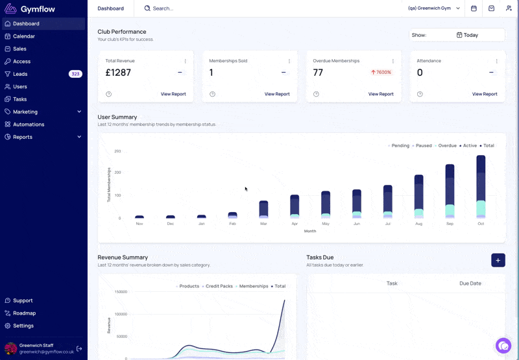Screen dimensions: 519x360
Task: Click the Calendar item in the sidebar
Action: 24,36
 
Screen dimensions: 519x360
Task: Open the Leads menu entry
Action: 20,74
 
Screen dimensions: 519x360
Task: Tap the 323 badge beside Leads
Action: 75,74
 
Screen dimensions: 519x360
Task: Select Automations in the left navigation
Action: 29,125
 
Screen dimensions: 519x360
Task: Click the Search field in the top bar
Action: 163,8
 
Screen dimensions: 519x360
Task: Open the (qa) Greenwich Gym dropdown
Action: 433,8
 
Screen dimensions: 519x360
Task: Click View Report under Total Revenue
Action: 173,94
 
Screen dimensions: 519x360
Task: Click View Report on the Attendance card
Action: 485,94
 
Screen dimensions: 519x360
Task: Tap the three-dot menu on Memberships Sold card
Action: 289,61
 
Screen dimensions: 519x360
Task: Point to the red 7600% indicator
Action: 381,72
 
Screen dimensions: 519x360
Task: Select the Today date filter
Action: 467,35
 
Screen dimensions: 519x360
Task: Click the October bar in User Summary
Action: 481,187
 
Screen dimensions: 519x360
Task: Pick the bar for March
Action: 263,210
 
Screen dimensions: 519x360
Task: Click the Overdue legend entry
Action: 446,145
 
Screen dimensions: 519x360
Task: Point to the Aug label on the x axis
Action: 418,224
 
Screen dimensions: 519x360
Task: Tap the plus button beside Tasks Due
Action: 498,260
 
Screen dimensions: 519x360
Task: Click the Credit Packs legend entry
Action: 217,286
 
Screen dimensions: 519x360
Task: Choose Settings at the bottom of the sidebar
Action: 23,326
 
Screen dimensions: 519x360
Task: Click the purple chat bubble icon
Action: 503,346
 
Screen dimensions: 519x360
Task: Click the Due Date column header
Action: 470,283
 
